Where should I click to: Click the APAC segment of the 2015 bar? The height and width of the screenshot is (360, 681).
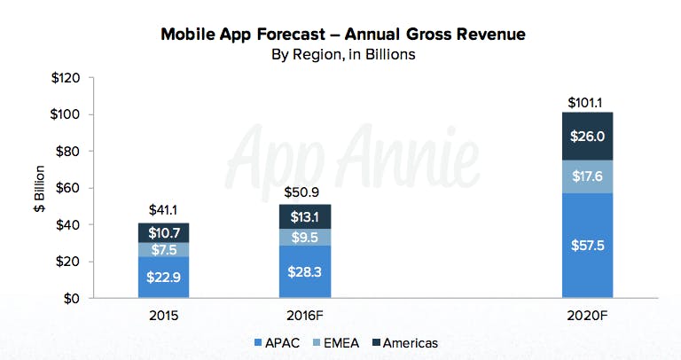pos(163,278)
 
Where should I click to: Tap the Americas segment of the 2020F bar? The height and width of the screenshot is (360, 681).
pos(588,137)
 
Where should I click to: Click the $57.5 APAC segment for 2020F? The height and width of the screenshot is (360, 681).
pos(588,246)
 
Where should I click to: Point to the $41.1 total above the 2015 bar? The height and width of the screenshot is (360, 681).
pos(163,211)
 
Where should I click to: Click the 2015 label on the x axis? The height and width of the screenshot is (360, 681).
pos(163,314)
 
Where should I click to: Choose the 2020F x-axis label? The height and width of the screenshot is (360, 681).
pos(588,314)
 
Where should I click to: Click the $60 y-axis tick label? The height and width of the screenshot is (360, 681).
pos(67,188)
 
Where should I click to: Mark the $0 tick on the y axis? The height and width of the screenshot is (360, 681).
pos(71,299)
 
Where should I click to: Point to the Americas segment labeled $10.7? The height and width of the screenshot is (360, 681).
pos(163,233)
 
